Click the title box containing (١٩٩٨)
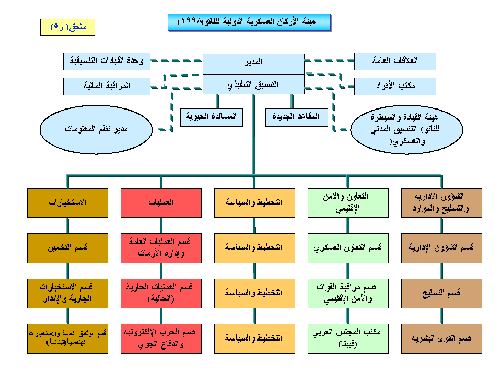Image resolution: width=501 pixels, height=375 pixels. (x=249, y=22)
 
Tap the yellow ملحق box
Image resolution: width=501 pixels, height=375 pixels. (x=67, y=27)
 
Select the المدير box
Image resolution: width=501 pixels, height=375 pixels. (x=253, y=62)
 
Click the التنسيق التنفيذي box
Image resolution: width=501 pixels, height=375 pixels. (x=253, y=84)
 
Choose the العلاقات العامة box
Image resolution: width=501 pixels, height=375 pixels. (x=394, y=61)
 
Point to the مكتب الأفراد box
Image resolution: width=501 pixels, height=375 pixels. (x=394, y=87)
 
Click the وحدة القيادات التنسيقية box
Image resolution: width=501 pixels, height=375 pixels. (x=107, y=61)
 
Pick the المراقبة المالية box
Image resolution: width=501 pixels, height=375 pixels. (x=107, y=86)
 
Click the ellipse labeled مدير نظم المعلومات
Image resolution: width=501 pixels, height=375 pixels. (x=96, y=127)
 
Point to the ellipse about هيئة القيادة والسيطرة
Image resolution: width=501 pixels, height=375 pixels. (x=406, y=128)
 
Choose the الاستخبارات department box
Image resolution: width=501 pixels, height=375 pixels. (x=68, y=203)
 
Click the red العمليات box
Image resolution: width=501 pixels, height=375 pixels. (x=161, y=203)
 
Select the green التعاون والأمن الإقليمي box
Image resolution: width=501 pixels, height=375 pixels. (x=348, y=203)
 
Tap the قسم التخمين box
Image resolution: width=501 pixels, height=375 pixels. (x=68, y=247)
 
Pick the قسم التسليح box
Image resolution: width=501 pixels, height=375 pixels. (x=441, y=293)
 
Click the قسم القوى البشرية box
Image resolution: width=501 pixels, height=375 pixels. (x=441, y=338)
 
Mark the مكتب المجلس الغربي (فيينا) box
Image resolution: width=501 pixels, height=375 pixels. (x=348, y=338)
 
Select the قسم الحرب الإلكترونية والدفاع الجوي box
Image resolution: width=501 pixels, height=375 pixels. (x=161, y=338)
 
